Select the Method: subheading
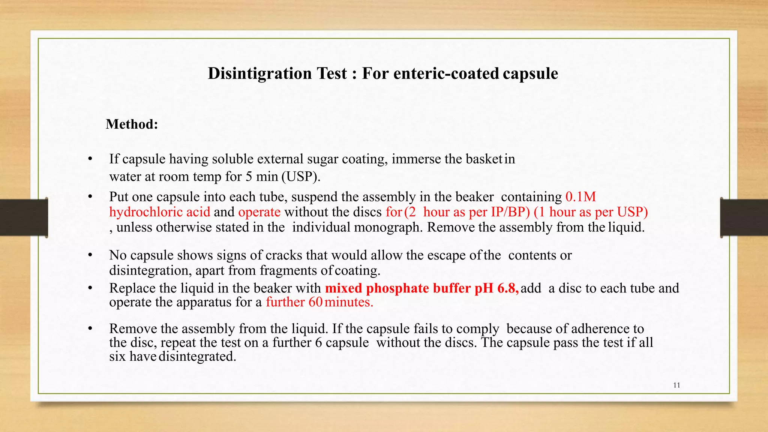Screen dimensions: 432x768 click(x=132, y=124)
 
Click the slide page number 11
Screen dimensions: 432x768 click(x=676, y=385)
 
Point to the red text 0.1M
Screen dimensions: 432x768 click(x=580, y=197)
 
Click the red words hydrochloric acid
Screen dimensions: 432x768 click(x=160, y=212)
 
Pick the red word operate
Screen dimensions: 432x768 click(x=259, y=212)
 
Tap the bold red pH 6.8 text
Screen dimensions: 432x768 click(x=497, y=288)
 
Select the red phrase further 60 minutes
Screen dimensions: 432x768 click(x=319, y=302)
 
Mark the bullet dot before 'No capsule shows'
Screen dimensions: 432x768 click(x=90, y=255)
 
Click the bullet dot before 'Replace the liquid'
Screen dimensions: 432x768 click(x=90, y=288)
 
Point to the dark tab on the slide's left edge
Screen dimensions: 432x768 click(x=23, y=217)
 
